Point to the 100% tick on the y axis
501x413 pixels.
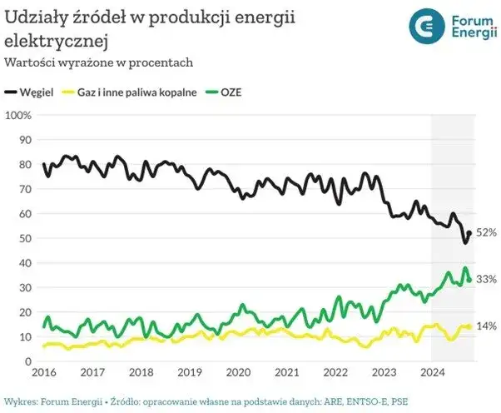(17, 115)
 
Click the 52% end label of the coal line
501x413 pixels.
(487, 232)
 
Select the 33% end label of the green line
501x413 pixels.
(487, 279)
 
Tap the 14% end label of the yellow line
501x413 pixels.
(487, 326)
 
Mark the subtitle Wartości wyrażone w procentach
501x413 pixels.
(99, 62)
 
